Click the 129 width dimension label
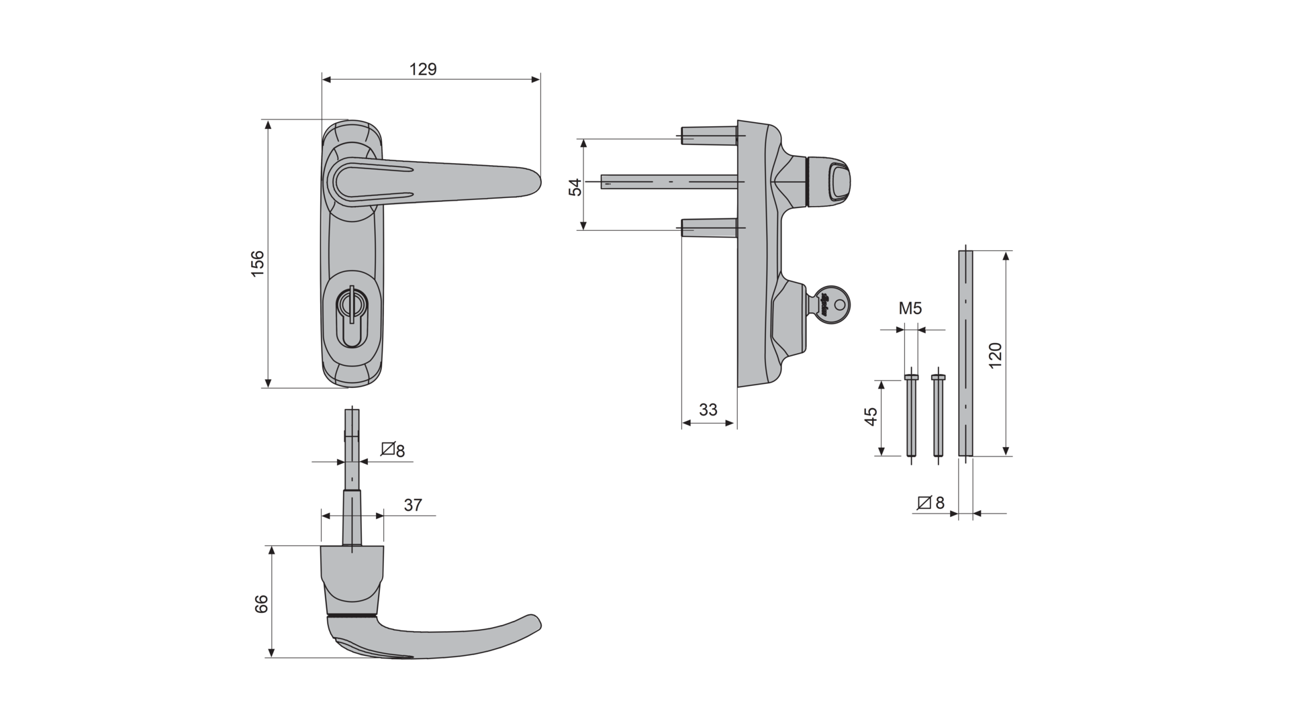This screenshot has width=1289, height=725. point(423,69)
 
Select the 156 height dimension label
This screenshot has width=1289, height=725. point(258,264)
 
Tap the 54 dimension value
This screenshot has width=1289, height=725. point(575,187)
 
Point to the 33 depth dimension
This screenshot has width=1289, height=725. point(708,409)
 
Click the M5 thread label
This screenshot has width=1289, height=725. point(910,309)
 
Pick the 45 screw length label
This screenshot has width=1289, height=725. point(871,417)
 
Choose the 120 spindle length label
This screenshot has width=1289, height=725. point(995,354)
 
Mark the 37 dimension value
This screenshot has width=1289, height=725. point(413,505)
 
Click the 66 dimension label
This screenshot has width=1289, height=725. point(261,603)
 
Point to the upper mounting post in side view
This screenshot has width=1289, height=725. point(710,135)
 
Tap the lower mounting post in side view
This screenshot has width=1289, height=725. point(710,228)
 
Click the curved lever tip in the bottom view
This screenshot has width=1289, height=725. point(534,622)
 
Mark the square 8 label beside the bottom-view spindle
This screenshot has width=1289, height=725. point(393,450)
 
